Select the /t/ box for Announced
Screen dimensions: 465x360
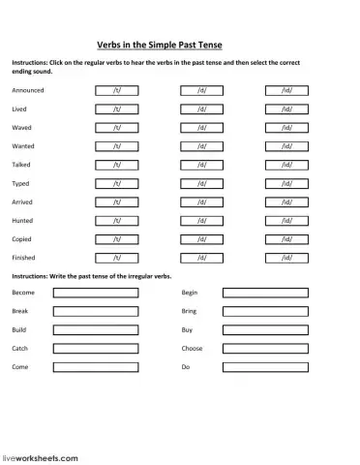116,90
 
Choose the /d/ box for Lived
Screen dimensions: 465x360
201,108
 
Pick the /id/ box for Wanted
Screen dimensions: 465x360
286,146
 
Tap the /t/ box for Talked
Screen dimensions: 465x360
116,165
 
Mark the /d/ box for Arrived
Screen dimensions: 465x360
201,201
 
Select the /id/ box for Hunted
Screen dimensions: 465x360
286,221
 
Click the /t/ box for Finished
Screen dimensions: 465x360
116,258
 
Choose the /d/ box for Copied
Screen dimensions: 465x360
201,239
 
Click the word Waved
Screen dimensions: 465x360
21,128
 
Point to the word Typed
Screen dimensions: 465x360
21,183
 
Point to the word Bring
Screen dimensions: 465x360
189,311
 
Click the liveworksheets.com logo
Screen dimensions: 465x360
39,454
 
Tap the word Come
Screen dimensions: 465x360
20,367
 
